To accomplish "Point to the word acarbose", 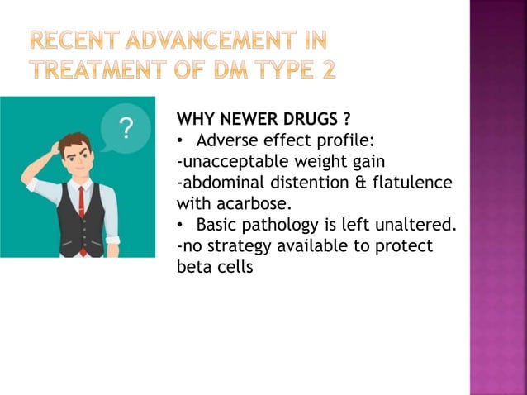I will coord(251,203).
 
